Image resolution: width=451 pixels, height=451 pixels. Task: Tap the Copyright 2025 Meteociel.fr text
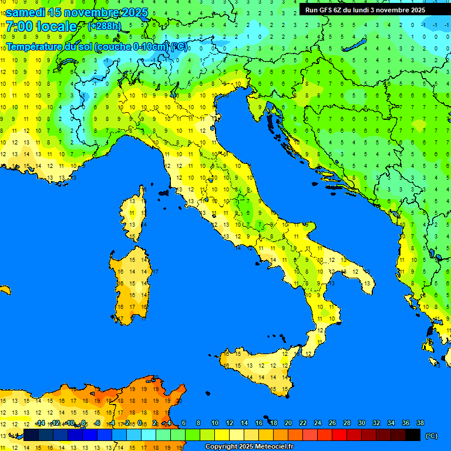(249, 447)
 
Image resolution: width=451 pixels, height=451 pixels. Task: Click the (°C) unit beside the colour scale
(430, 436)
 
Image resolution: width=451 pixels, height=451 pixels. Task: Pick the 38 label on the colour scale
(420, 423)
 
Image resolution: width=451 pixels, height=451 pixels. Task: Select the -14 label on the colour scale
(40, 423)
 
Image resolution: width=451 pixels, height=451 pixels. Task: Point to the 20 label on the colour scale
(288, 423)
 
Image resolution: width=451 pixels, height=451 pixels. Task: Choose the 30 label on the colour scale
(361, 423)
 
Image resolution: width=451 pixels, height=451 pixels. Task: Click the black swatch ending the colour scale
(413, 435)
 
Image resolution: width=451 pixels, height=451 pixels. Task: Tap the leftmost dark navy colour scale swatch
(31, 435)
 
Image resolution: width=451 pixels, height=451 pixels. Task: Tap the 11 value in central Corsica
(133, 213)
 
